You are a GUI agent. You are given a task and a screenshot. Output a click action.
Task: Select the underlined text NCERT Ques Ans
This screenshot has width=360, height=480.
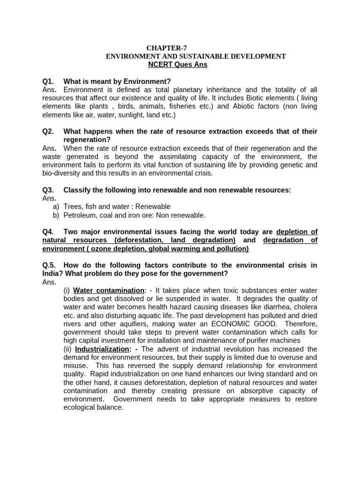coord(178,65)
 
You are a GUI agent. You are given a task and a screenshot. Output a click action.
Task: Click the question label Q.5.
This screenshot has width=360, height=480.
coord(50,265)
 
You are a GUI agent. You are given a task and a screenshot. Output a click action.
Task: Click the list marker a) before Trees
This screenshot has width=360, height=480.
coord(56,207)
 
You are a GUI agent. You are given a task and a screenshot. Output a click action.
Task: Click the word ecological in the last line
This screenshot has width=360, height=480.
coord(82,407)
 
